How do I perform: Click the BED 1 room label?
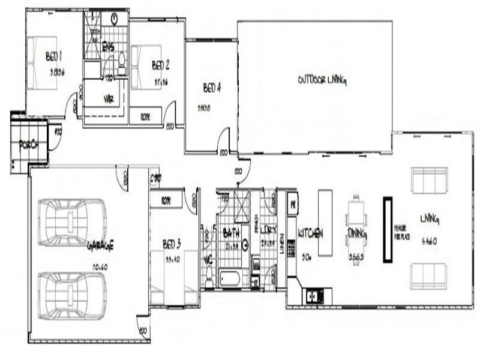pyautogui.click(x=55, y=57)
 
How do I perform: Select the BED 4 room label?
pyautogui.click(x=212, y=88)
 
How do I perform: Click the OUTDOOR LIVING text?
pyautogui.click(x=323, y=79)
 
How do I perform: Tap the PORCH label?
pyautogui.click(x=29, y=145)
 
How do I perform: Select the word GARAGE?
pyautogui.click(x=100, y=245)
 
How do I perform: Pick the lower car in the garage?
pyautogui.click(x=72, y=295)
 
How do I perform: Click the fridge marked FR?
pyautogui.click(x=292, y=203)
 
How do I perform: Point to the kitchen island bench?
pyautogui.click(x=325, y=223)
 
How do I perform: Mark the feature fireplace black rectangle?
pyautogui.click(x=388, y=230)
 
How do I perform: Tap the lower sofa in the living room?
pyautogui.click(x=428, y=275)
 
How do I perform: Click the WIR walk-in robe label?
pyautogui.click(x=109, y=98)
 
